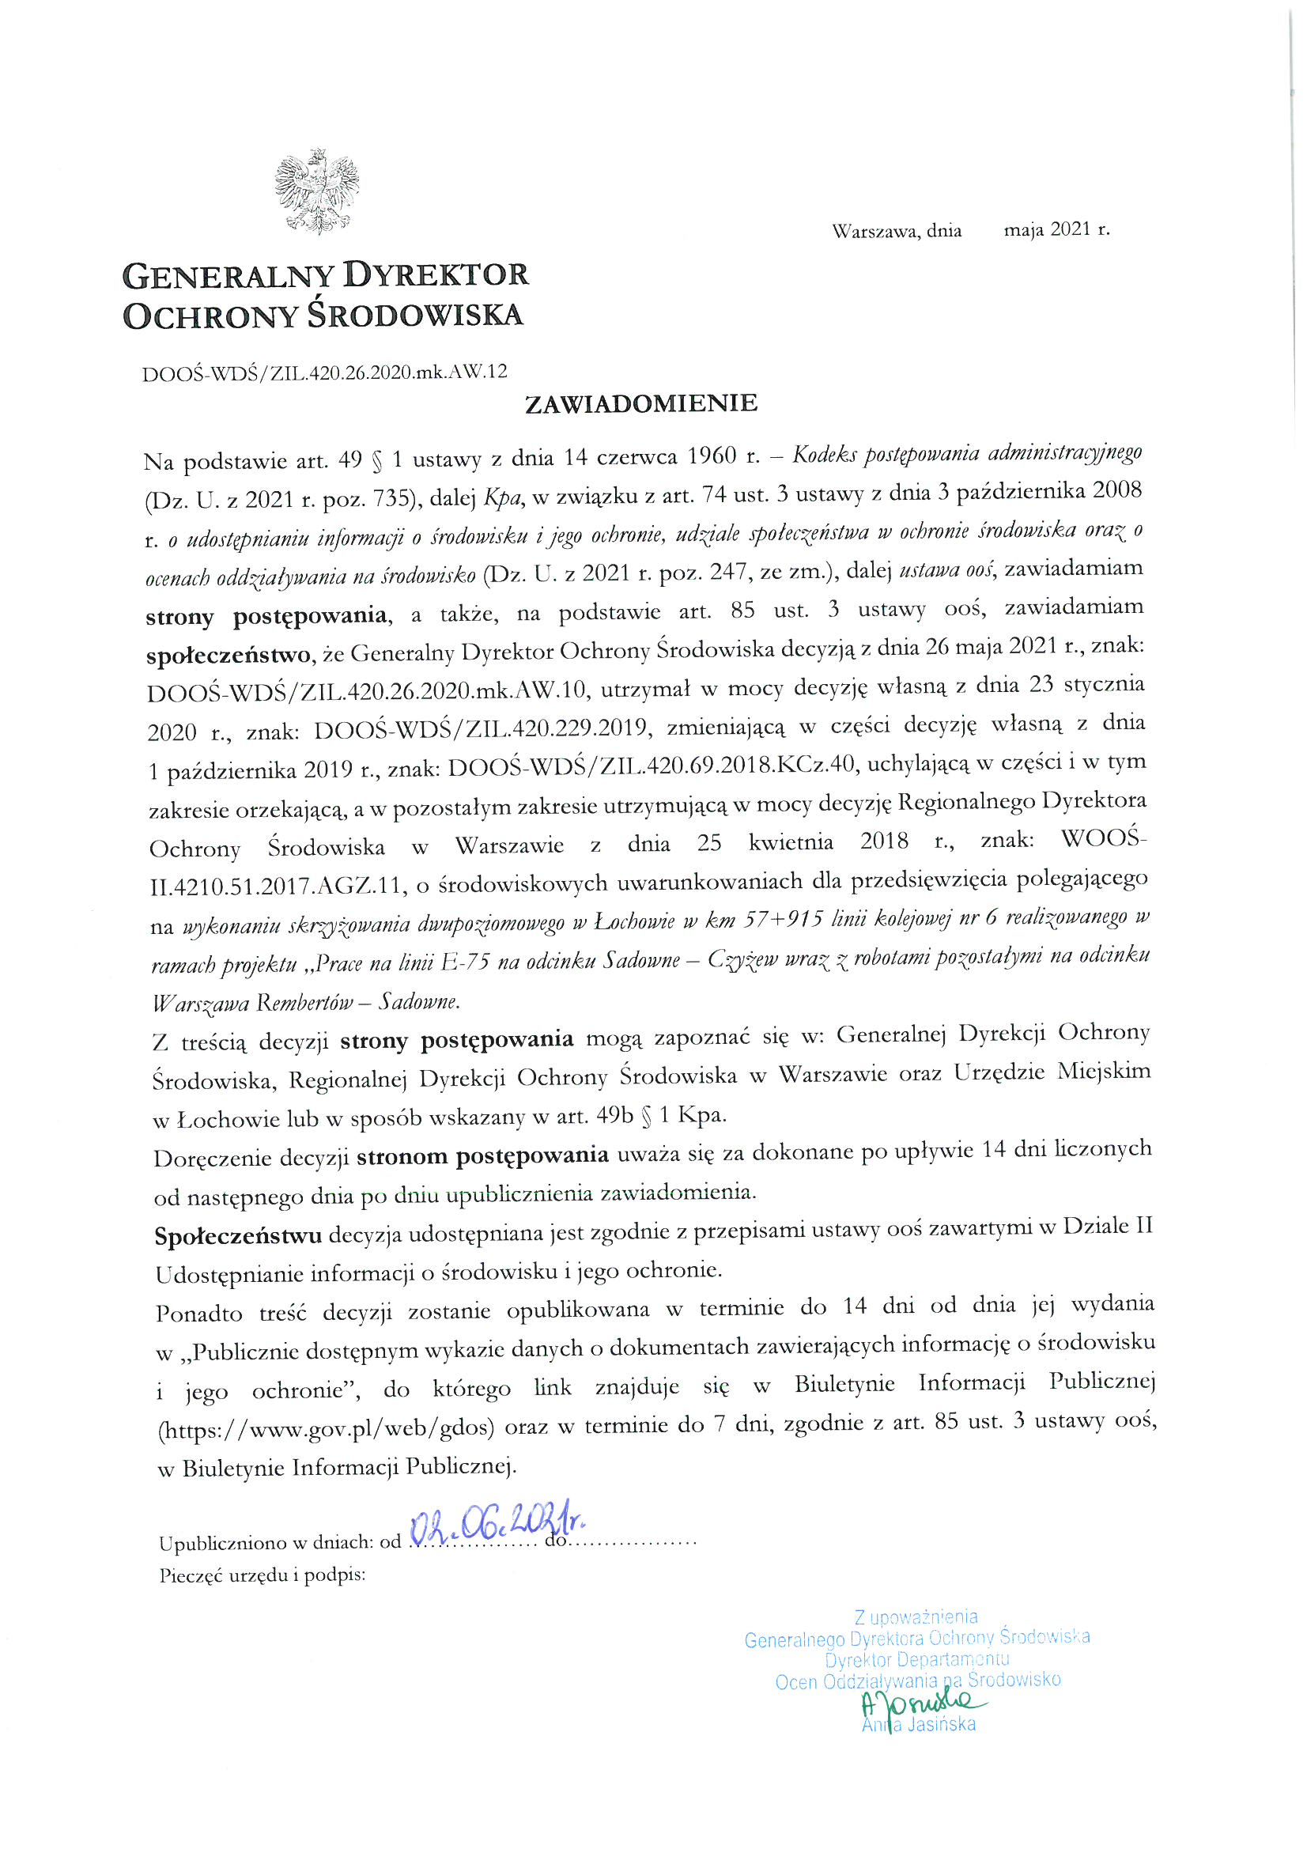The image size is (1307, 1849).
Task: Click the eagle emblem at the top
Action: tap(316, 191)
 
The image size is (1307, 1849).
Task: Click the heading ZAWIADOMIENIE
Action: tap(641, 403)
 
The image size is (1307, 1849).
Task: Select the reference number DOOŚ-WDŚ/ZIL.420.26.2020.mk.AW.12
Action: tap(324, 371)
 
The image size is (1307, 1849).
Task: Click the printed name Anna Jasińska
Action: tap(918, 1724)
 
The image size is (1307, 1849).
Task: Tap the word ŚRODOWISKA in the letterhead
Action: tap(417, 315)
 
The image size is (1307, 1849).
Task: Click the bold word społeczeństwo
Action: tap(229, 655)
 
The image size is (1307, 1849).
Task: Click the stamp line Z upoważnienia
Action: tap(916, 1616)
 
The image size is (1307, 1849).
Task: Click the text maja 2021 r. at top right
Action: tap(1056, 229)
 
